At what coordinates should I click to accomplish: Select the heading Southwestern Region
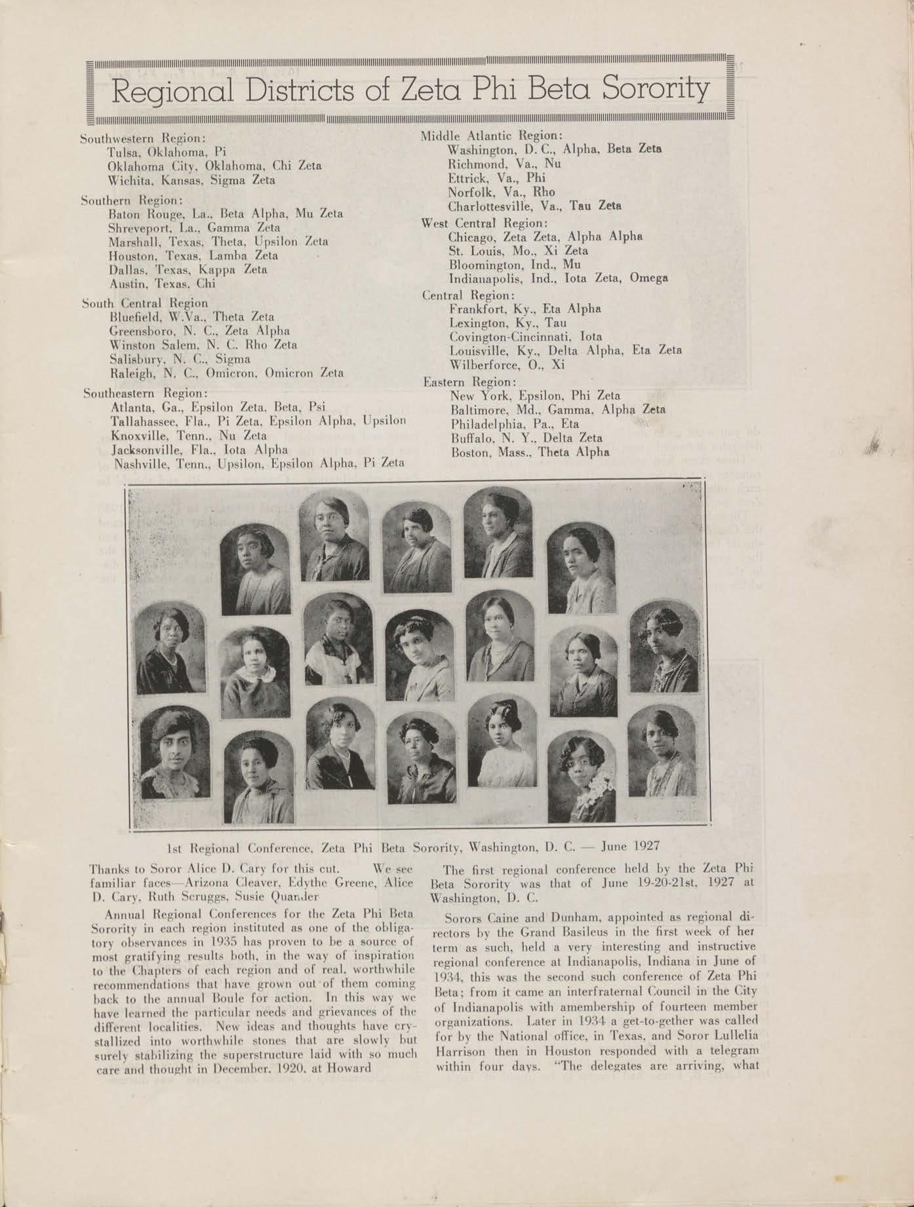[143, 139]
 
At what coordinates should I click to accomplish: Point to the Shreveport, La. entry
[194, 228]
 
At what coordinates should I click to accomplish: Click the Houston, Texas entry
[193, 256]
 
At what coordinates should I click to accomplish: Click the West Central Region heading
[484, 223]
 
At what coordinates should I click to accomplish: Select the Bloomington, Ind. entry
[515, 265]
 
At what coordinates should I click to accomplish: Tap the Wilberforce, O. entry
[506, 365]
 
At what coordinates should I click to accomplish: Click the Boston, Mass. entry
[529, 452]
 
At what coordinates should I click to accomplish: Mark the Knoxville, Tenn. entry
[189, 435]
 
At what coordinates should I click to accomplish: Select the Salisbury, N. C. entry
[180, 359]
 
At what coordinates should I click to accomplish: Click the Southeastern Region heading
[146, 393]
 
